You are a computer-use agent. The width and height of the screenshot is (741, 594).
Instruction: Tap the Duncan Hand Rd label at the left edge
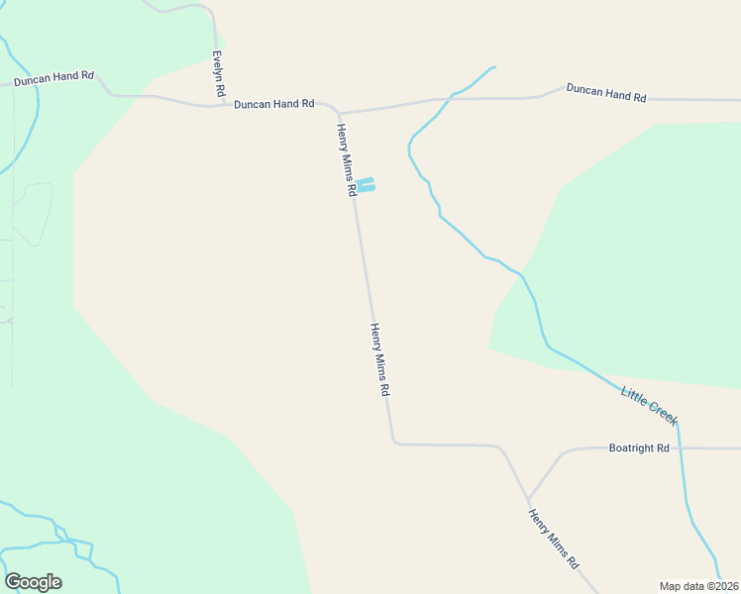(53, 77)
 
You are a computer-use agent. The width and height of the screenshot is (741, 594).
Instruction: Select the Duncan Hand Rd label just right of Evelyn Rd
(274, 103)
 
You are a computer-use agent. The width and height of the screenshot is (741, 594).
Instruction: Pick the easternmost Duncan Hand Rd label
(606, 92)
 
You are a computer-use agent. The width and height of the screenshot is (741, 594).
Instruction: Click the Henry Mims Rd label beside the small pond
(346, 159)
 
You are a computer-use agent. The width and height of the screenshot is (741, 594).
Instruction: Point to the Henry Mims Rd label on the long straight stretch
(379, 359)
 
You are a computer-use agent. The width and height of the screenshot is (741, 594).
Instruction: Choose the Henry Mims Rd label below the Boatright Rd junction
(553, 539)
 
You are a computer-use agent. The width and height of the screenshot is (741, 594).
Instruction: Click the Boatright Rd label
(638, 448)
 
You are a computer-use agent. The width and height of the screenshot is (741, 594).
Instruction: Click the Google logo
(33, 582)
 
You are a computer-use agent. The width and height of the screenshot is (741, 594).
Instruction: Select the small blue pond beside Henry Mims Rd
(366, 185)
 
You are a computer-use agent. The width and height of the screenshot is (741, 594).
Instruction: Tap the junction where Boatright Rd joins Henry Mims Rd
(528, 498)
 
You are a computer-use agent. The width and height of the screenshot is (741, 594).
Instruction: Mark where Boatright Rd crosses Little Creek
(681, 448)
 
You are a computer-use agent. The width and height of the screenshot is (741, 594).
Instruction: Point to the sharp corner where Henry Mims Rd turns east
(394, 442)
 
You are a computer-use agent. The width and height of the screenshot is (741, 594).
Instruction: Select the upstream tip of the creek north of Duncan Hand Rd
(493, 67)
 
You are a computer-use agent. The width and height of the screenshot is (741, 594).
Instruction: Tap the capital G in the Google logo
(13, 582)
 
